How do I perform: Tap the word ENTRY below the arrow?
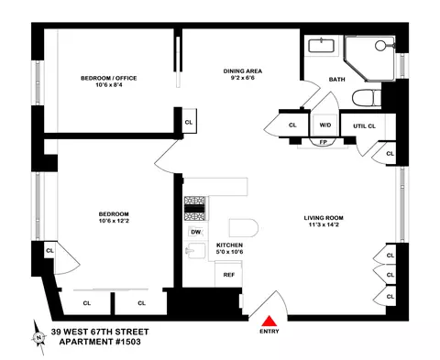pos(270,333)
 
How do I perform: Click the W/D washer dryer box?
pos(324,125)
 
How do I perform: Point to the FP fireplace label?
pos(324,142)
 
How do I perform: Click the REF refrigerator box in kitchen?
pos(229,273)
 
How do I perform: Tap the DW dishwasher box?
pos(195,232)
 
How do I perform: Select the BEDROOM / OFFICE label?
pos(108,79)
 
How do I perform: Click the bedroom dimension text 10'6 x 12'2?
pos(108,220)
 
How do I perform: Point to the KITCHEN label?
pos(229,245)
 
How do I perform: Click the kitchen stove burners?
pos(194,210)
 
